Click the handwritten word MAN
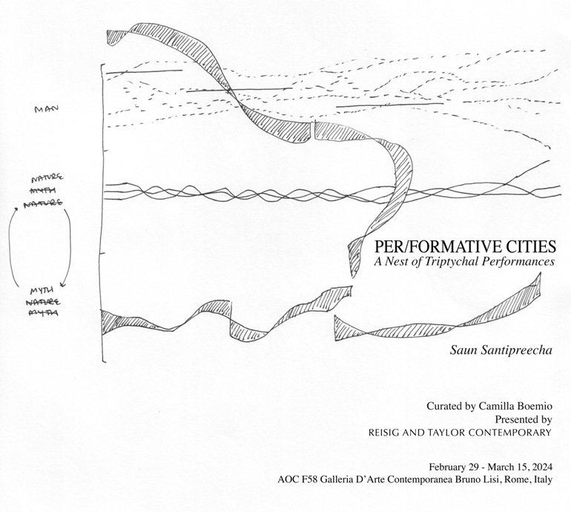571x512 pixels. click(x=46, y=110)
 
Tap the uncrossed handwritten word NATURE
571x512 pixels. click(x=47, y=180)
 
